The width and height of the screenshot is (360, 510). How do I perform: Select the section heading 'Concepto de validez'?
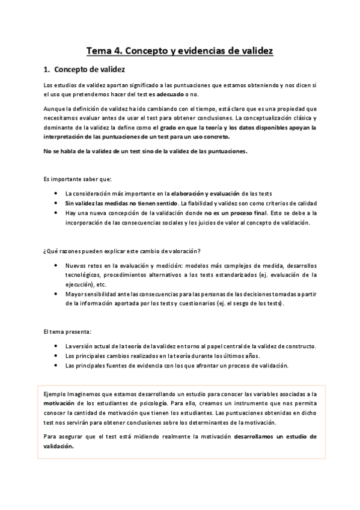88,70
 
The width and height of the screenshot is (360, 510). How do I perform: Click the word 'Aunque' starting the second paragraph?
55,109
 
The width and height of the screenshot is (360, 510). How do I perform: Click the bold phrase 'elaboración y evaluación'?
206,193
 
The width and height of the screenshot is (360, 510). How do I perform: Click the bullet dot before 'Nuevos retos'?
55,265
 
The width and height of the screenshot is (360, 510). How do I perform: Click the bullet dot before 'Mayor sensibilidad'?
55,294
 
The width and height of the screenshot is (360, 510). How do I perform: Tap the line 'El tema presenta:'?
67,332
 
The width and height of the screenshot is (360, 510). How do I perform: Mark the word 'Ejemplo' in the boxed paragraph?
55,393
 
